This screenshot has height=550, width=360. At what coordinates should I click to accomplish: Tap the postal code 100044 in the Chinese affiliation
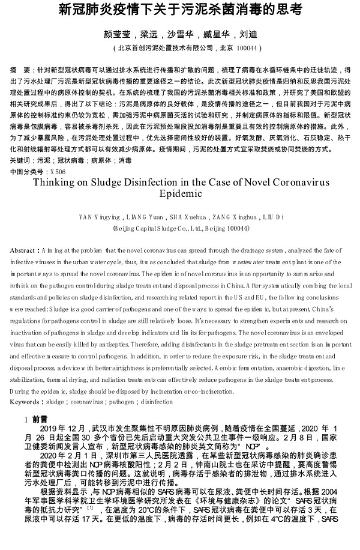[247, 48]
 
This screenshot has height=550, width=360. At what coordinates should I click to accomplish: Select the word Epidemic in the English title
[180, 195]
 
